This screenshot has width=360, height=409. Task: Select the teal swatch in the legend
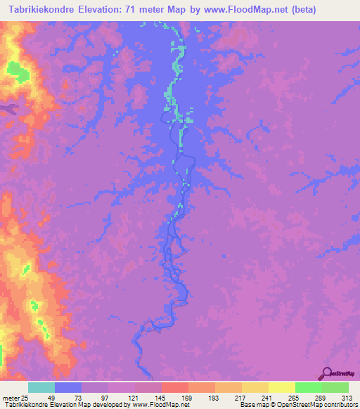[41, 387]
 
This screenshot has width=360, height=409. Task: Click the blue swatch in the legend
[68, 387]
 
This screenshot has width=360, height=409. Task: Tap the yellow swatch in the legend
[282, 387]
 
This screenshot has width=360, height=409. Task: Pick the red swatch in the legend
[175, 387]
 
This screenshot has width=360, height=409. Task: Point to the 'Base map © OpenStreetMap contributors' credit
[297, 405]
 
